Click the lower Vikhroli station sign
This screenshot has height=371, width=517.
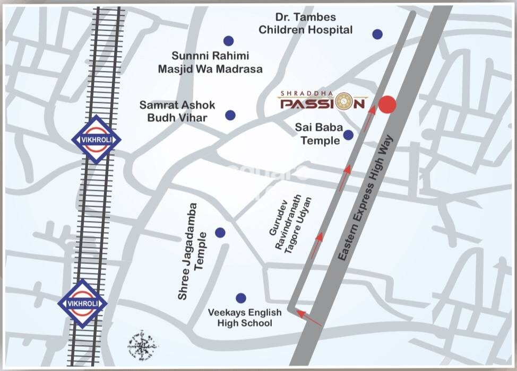point(82,304)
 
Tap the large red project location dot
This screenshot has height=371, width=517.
point(388,104)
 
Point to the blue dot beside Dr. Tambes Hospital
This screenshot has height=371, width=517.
point(377,34)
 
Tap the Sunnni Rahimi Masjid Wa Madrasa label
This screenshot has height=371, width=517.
point(210,62)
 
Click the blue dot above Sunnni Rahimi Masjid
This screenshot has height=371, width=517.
point(228,41)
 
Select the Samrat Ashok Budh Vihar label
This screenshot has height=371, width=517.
point(173,111)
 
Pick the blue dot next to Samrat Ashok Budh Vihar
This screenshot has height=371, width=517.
point(230,115)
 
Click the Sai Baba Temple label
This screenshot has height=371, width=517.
point(320,134)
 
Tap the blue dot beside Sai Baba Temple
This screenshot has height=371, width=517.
point(348,135)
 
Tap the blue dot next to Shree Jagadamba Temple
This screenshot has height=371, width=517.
point(220,232)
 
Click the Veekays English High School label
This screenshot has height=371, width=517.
point(240,318)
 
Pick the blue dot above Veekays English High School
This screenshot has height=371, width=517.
point(241,298)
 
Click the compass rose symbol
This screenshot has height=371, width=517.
point(143,345)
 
